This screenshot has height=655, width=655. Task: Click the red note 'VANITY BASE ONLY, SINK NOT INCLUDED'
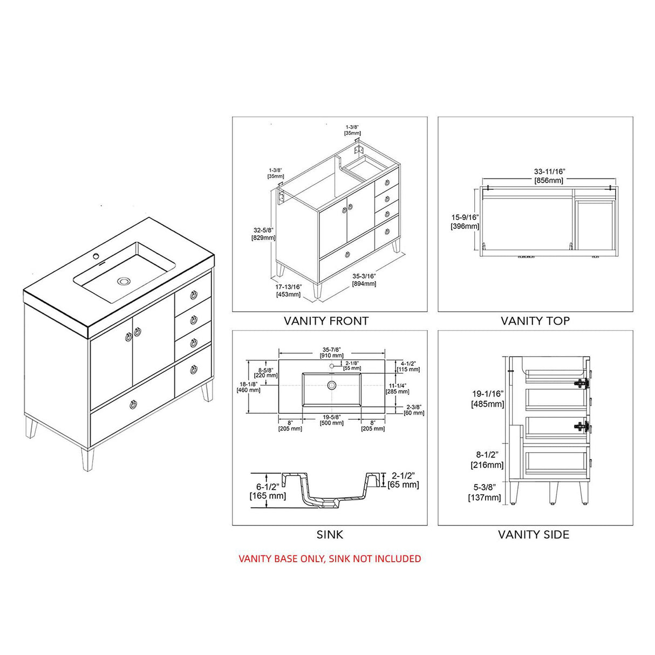[330, 559]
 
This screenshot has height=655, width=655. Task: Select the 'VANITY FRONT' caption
[326, 321]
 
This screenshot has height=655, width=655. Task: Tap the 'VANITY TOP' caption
[535, 321]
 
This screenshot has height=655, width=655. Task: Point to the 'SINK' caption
[329, 535]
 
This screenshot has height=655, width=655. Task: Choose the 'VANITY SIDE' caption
[533, 535]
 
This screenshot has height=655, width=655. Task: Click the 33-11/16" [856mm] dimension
[549, 176]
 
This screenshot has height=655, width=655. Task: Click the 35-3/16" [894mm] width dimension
[364, 279]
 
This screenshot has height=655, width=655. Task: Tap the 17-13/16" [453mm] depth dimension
[288, 290]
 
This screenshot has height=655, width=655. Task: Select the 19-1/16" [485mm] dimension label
[487, 399]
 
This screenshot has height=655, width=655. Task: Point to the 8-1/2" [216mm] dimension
[487, 460]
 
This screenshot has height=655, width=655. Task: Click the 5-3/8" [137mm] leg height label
[485, 493]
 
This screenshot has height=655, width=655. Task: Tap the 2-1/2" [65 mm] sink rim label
[403, 480]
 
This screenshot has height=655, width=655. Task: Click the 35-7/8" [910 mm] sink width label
[332, 352]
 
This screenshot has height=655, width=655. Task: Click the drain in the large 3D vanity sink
[125, 281]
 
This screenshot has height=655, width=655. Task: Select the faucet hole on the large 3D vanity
[98, 255]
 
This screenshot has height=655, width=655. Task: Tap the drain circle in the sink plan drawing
[332, 385]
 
